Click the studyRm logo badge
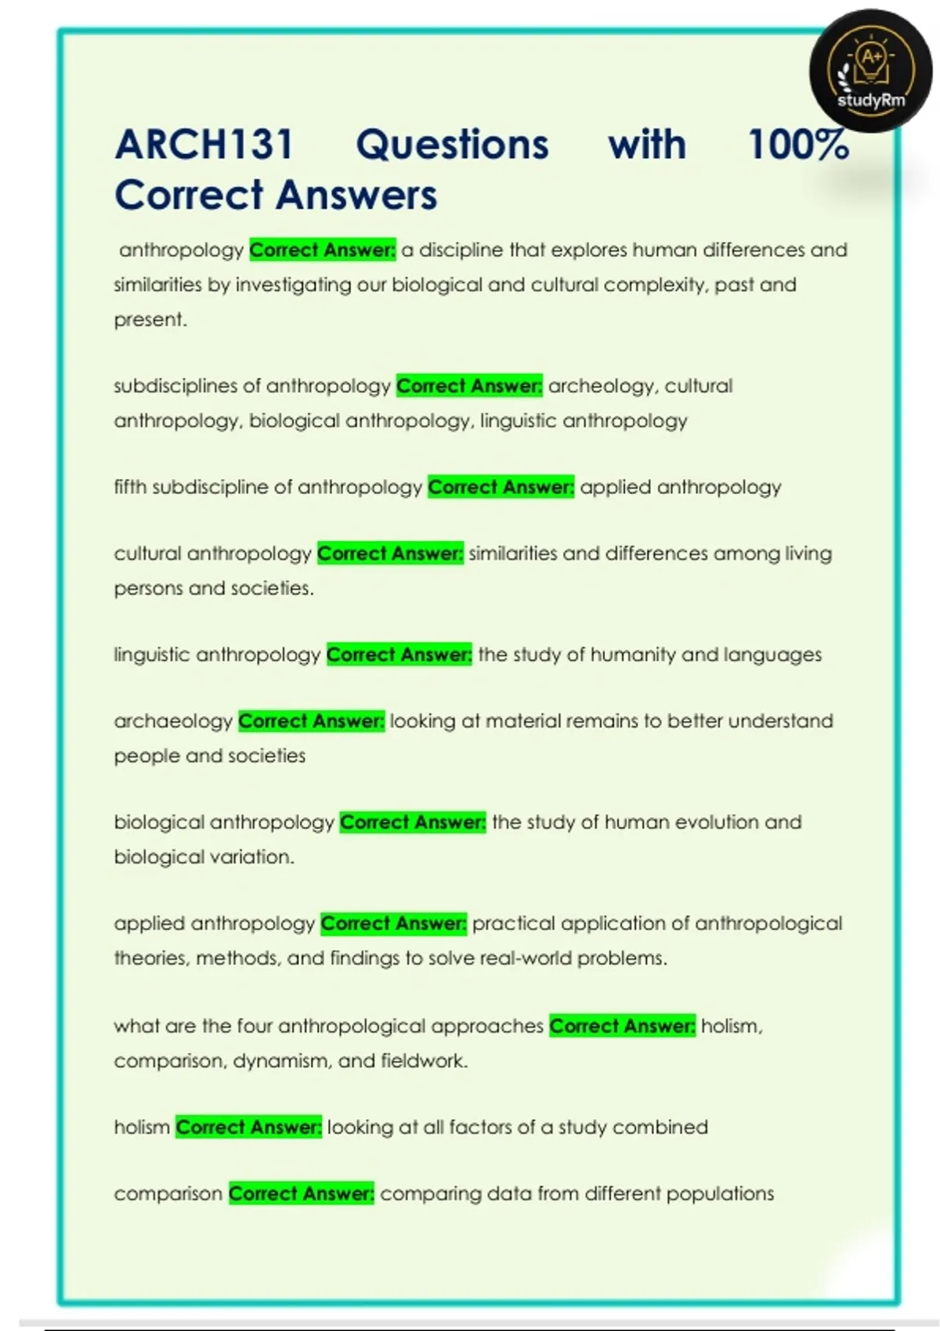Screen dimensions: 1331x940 [x=870, y=71]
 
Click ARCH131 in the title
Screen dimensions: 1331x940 [x=204, y=145]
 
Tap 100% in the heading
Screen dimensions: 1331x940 [x=797, y=145]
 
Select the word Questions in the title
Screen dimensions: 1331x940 [x=452, y=145]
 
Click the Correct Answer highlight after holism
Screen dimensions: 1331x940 [x=248, y=1127]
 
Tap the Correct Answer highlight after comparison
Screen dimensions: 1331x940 [x=302, y=1194]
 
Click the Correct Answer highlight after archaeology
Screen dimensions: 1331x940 [x=311, y=721]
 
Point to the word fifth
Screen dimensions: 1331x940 [x=130, y=487]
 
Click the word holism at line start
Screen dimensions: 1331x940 [x=142, y=1127]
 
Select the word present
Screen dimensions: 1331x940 [x=150, y=319]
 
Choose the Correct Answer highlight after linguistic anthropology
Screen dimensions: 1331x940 [x=399, y=655]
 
